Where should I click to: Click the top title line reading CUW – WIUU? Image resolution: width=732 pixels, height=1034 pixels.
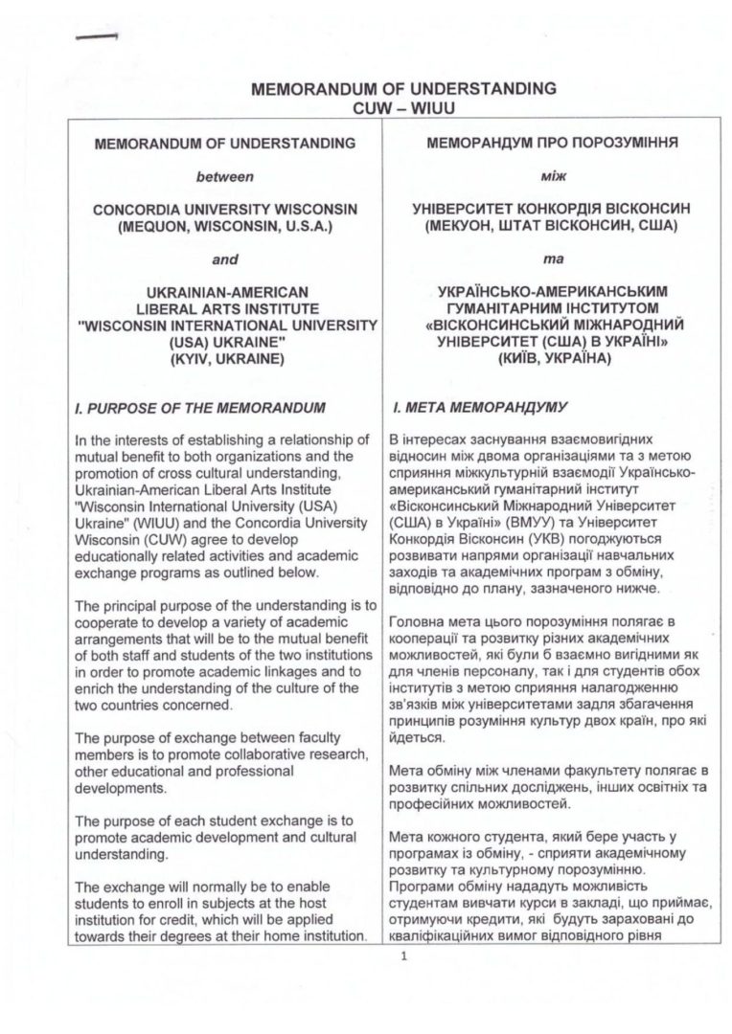click(x=402, y=106)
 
